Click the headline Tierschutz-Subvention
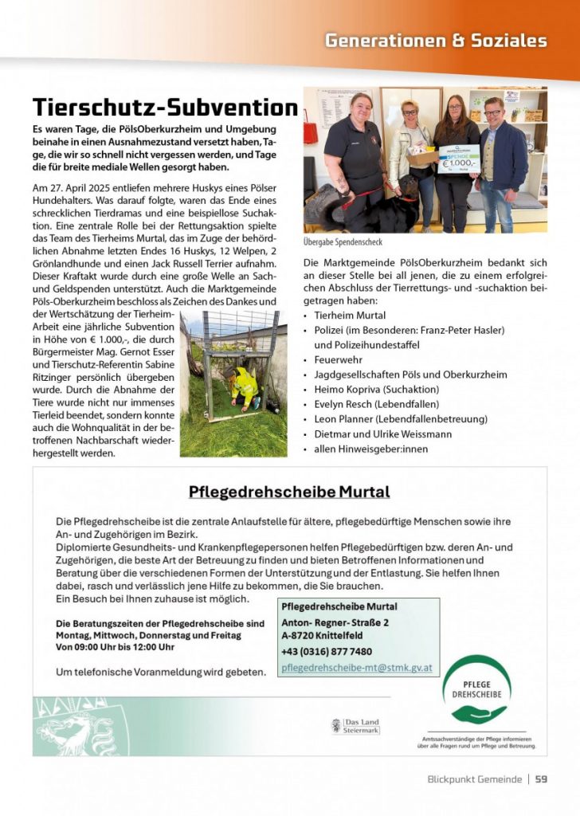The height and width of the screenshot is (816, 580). pyautogui.click(x=165, y=107)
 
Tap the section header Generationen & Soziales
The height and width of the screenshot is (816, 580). pyautogui.click(x=435, y=41)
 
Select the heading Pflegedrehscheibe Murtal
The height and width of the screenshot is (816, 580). pyautogui.click(x=289, y=492)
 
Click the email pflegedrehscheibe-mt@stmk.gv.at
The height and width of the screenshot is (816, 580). pyautogui.click(x=357, y=668)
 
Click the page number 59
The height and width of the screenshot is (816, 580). pyautogui.click(x=541, y=779)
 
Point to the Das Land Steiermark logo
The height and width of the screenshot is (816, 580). pyautogui.click(x=355, y=726)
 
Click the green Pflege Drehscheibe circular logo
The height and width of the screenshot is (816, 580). pyautogui.click(x=476, y=689)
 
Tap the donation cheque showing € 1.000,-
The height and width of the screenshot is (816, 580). pyautogui.click(x=459, y=158)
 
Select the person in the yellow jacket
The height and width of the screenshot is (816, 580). pyautogui.click(x=243, y=388)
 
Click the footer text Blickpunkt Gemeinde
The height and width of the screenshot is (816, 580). pyautogui.click(x=475, y=779)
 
